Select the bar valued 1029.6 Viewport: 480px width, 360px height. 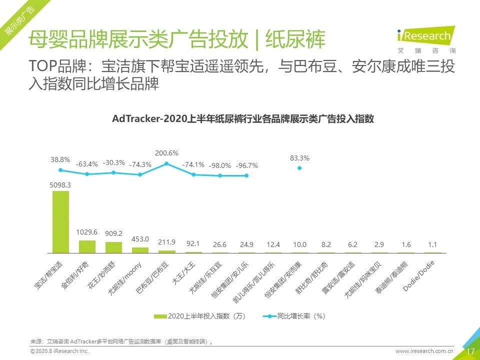click(87, 246)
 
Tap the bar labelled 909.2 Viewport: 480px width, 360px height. click(113, 247)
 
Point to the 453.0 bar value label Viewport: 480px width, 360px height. click(140, 239)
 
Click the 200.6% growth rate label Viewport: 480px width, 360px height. click(166, 153)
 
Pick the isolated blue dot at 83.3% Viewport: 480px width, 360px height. click(299, 168)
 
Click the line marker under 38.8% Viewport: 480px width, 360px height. click(61, 170)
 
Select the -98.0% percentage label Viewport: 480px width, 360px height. click(219, 165)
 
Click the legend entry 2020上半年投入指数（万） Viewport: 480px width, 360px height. click(200, 316)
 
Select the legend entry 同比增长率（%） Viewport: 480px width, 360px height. click(295, 316)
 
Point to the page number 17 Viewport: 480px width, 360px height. click(470, 351)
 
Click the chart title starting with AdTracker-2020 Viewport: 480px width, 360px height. click(243, 119)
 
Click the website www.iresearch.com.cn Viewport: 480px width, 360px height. click(424, 351)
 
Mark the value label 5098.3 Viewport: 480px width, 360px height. click(60, 184)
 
